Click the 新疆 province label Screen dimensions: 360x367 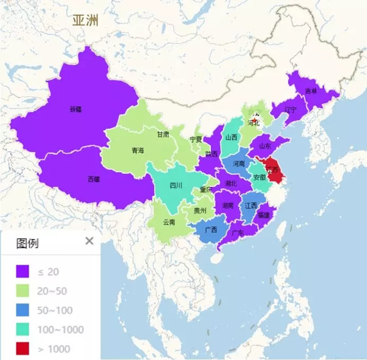tap(75, 110)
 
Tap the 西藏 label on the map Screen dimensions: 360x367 tap(94, 179)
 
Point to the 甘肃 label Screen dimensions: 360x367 tap(163, 134)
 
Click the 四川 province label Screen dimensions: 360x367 tap(176, 184)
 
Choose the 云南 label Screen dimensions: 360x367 tap(169, 222)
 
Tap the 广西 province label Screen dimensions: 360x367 tap(211, 230)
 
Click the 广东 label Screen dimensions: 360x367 tap(238, 233)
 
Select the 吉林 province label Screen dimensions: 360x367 tap(311, 91)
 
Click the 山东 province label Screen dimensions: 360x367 tap(265, 146)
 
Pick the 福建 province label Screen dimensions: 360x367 tap(264, 216)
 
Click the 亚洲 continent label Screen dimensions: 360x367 tap(85, 20)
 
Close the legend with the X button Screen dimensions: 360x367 tap(89, 241)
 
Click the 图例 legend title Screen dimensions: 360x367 tap(28, 243)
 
